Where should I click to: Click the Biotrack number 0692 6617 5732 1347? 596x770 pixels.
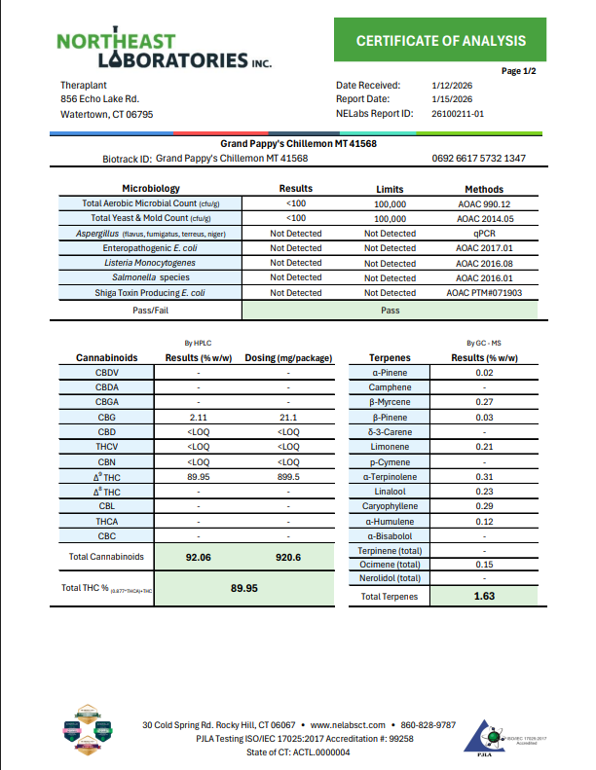click(x=478, y=158)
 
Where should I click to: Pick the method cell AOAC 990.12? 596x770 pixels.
click(x=484, y=204)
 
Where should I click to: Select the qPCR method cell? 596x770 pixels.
click(x=484, y=234)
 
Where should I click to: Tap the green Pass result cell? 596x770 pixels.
click(x=389, y=310)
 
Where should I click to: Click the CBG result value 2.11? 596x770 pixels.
click(x=199, y=416)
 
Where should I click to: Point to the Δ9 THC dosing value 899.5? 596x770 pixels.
click(x=288, y=476)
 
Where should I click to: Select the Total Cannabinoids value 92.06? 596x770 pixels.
click(x=199, y=557)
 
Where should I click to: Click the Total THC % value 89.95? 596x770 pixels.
click(x=243, y=588)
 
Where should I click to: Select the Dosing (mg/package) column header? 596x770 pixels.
click(x=288, y=357)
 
